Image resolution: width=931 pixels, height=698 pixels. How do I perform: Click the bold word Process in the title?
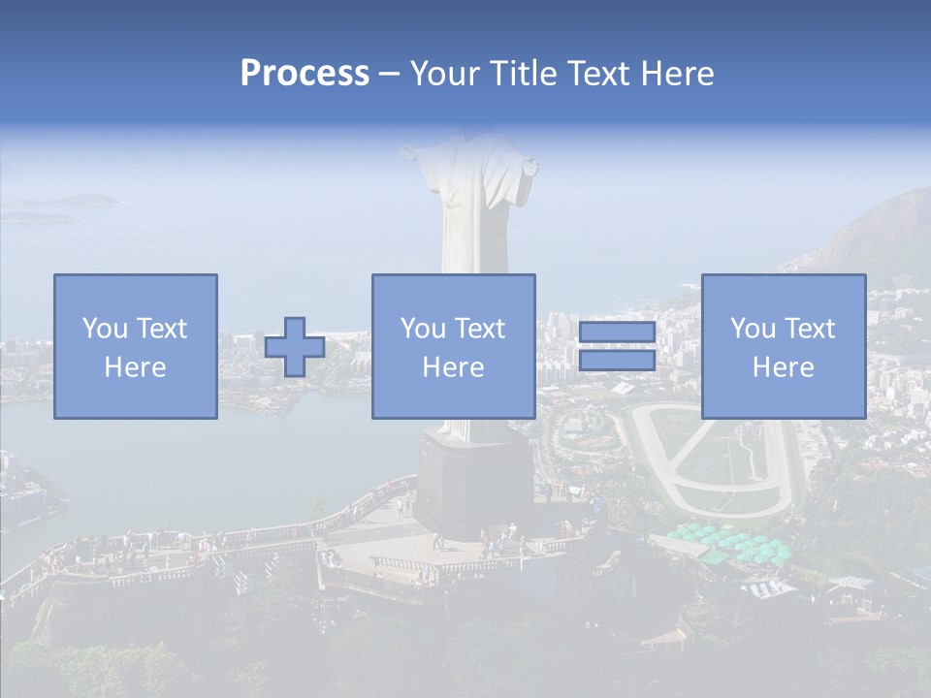pyautogui.click(x=305, y=74)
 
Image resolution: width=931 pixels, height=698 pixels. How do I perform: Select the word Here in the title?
pyautogui.click(x=677, y=74)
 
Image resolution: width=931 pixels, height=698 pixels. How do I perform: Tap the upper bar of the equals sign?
pyautogui.click(x=617, y=333)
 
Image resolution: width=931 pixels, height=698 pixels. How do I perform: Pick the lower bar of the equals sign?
pyautogui.click(x=617, y=360)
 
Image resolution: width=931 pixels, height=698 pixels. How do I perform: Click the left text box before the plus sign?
pyautogui.click(x=136, y=346)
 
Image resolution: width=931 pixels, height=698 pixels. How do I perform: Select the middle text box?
pyautogui.click(x=453, y=346)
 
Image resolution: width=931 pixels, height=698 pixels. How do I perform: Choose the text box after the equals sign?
pyautogui.click(x=784, y=346)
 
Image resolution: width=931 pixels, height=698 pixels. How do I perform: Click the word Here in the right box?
pyautogui.click(x=784, y=367)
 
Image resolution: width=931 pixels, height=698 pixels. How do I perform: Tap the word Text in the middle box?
pyautogui.click(x=478, y=329)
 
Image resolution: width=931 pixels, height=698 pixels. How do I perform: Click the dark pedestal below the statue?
pyautogui.click(x=473, y=485)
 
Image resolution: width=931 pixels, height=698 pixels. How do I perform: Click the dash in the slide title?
pyautogui.click(x=390, y=74)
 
